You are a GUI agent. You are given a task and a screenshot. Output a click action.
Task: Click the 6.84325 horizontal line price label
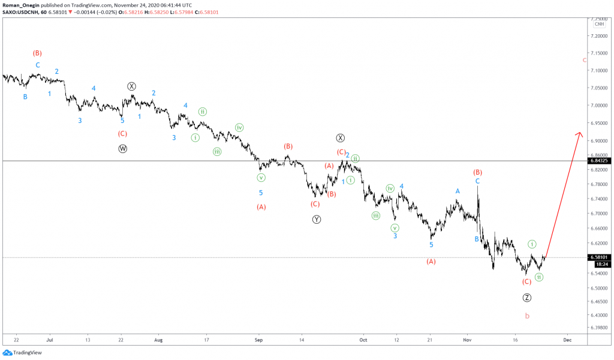click(x=599, y=161)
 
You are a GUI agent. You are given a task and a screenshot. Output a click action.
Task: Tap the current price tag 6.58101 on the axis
click(x=599, y=257)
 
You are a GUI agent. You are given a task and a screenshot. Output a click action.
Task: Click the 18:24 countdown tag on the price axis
click(x=601, y=264)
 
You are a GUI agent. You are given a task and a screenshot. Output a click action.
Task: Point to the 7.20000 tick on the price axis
click(x=598, y=36)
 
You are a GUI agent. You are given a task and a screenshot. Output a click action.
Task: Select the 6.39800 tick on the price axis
click(x=598, y=328)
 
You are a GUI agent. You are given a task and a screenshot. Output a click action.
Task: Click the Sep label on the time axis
click(x=258, y=339)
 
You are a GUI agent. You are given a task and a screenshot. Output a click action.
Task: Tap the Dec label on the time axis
click(x=566, y=339)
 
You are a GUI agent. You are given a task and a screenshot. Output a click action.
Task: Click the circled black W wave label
click(x=123, y=149)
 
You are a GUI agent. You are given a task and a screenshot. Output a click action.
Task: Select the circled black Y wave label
click(x=317, y=220)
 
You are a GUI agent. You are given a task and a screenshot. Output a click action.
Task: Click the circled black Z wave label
click(x=526, y=298)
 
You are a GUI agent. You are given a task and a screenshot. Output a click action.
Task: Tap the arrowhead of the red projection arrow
click(x=580, y=134)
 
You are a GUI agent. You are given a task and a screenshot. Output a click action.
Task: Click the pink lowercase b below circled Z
click(x=527, y=316)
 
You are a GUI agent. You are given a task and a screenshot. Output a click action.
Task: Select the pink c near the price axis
click(x=584, y=60)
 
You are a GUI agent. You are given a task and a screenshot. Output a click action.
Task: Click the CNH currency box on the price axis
click(x=598, y=24)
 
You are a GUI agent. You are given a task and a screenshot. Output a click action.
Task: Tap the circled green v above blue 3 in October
click(x=395, y=227)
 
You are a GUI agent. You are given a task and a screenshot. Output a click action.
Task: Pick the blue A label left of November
click(x=458, y=191)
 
